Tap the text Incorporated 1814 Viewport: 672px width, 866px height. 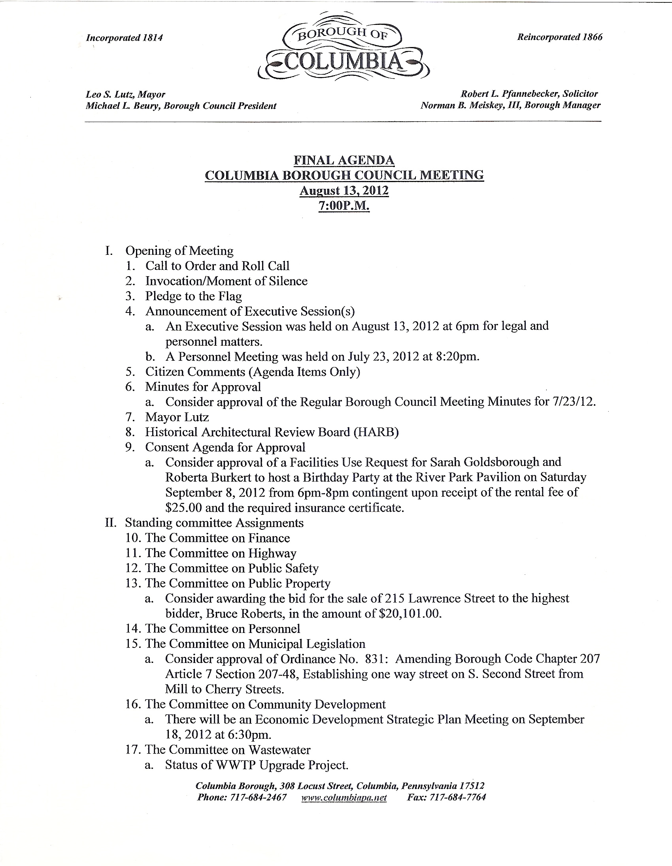(x=124, y=38)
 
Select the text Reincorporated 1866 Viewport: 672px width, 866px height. (x=559, y=37)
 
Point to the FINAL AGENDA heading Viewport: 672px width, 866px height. (x=344, y=160)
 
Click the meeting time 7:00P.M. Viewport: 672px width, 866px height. (x=344, y=206)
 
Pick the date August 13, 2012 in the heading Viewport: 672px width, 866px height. (x=344, y=191)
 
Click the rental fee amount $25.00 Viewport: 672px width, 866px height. (x=184, y=508)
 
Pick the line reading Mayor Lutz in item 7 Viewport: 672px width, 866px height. (x=177, y=417)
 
